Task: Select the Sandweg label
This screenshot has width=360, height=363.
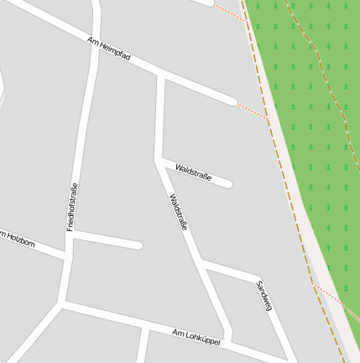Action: click(263, 297)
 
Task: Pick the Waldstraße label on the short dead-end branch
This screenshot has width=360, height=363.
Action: click(193, 174)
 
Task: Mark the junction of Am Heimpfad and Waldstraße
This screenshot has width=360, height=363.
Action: click(161, 76)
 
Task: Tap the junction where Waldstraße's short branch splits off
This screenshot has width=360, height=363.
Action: click(159, 159)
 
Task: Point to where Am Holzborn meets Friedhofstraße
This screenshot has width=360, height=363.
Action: click(65, 255)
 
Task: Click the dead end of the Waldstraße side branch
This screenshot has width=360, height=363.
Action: click(228, 183)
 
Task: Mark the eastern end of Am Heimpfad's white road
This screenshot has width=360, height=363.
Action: click(232, 103)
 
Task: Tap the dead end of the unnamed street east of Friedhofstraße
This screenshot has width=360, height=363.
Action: click(138, 245)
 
